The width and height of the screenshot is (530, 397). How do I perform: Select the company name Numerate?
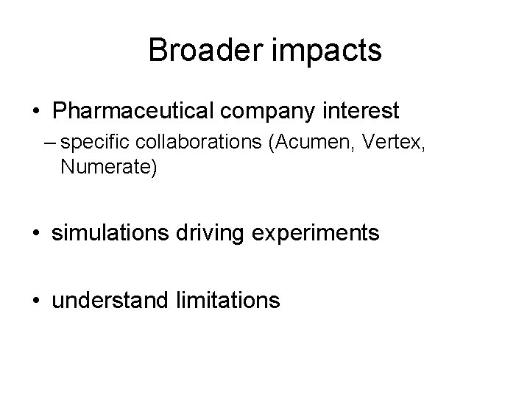coord(108,168)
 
